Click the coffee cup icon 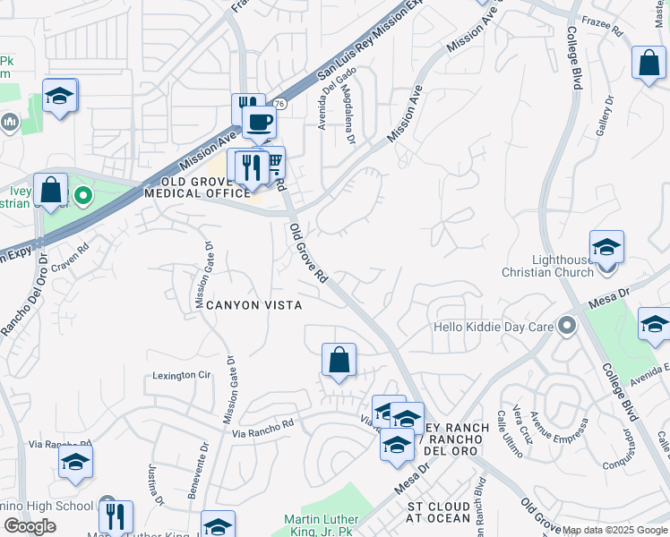point(259,123)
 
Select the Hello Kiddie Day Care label point(493,327)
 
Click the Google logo point(30,526)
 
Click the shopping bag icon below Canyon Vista point(339,361)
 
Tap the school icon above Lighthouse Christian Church point(606,246)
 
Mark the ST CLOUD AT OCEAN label point(439,512)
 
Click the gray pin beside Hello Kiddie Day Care point(566,326)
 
